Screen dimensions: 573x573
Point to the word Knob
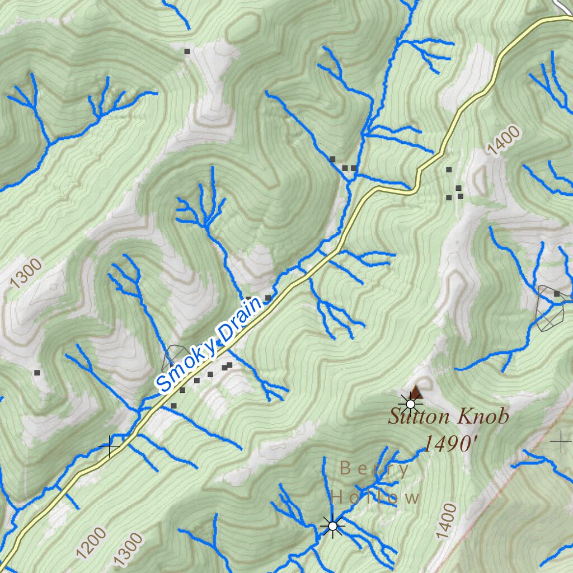pos(483,417)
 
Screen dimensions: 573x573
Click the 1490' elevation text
pos(450,444)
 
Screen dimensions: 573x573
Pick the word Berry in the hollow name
pos(374,469)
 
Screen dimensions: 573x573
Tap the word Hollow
pos(374,497)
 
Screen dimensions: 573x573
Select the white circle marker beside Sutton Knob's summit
pos(411,404)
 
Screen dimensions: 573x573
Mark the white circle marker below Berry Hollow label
pos(333,526)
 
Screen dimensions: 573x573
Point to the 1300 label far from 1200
pos(26,273)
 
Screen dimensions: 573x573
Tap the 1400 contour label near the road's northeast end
pos(503,140)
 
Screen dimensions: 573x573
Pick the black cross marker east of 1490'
pos(560,442)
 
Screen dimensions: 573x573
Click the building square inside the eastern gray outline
pos(556,294)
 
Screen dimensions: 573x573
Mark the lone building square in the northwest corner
pos(187,51)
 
